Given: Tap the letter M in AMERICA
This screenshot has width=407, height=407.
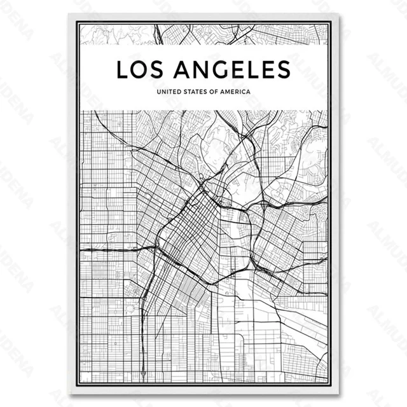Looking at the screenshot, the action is [230, 92].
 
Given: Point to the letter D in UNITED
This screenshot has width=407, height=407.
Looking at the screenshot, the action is [176, 92].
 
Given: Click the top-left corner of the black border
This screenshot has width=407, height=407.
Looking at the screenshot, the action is [76, 22].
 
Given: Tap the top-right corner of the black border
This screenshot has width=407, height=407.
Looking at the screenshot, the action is [331, 22].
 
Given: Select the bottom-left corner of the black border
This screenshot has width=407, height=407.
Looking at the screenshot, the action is [76, 385].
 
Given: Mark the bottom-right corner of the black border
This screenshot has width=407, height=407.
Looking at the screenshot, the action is [331, 385].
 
